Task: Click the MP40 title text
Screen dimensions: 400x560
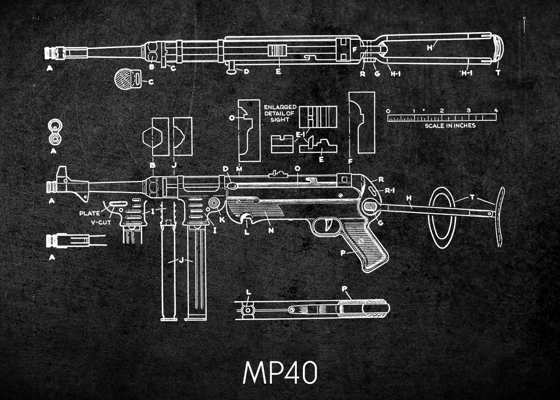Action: coord(280,372)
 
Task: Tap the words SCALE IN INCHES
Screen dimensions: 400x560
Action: coord(450,126)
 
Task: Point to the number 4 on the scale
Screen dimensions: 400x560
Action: coord(496,111)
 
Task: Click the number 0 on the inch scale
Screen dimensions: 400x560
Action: coord(388,111)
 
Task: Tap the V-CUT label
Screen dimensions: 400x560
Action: coord(100,222)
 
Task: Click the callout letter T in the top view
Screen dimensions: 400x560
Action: coord(498,72)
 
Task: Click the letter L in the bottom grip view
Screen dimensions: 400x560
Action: coord(248,293)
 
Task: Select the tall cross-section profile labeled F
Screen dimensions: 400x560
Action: coord(362,122)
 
